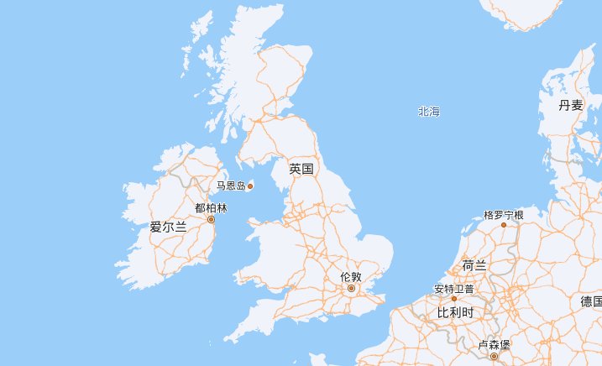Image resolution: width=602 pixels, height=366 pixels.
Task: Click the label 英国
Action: pyautogui.click(x=301, y=169)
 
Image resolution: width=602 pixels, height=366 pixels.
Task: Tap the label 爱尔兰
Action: pyautogui.click(x=168, y=226)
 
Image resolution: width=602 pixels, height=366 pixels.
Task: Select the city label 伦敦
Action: pyautogui.click(x=351, y=276)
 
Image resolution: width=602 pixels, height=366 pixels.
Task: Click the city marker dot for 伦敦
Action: pyautogui.click(x=352, y=288)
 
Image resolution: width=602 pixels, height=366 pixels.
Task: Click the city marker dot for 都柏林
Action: pyautogui.click(x=211, y=219)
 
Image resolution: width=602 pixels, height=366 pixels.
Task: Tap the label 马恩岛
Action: pyautogui.click(x=230, y=186)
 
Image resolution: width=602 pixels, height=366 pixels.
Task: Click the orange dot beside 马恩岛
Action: pyautogui.click(x=250, y=186)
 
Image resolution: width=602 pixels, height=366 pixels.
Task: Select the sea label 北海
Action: pyautogui.click(x=428, y=112)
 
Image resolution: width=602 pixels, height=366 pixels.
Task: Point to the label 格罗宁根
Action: pyautogui.click(x=504, y=216)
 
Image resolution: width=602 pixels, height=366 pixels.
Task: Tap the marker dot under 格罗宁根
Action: pyautogui.click(x=504, y=225)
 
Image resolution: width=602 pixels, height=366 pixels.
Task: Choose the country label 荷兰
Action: pyautogui.click(x=474, y=265)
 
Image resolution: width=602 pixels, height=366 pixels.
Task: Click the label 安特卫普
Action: pyautogui.click(x=454, y=289)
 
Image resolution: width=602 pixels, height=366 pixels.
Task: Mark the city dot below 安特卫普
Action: pyautogui.click(x=454, y=298)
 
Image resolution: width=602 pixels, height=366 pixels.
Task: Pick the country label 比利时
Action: pyautogui.click(x=456, y=312)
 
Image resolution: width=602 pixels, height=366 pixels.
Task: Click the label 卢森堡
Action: pyautogui.click(x=494, y=345)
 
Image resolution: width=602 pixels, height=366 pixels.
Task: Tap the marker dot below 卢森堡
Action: pyautogui.click(x=494, y=356)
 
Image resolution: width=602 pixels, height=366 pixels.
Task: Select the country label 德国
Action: pyautogui.click(x=590, y=301)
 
